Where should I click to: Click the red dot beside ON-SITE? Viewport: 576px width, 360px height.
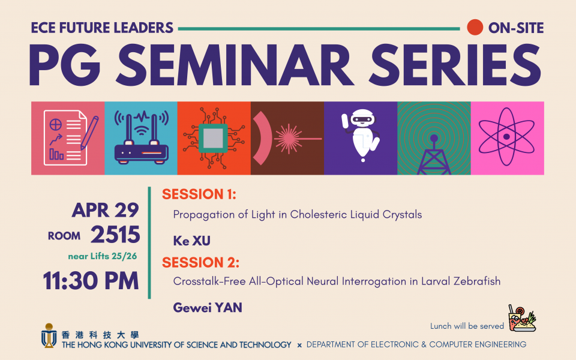475,27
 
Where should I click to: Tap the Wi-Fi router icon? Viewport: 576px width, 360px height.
142,137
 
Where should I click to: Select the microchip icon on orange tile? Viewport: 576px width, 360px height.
214,138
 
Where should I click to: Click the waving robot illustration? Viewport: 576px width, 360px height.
361,135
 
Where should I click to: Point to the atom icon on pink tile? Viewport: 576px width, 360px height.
506,137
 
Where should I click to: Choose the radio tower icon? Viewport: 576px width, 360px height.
434,154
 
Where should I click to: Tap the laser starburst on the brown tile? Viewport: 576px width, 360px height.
289,139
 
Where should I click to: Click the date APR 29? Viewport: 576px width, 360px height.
106,210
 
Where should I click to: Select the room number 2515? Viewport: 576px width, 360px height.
115,235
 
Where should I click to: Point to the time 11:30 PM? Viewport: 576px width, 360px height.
91,281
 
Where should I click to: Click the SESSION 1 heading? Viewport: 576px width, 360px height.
199,194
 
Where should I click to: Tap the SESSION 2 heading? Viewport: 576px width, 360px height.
200,262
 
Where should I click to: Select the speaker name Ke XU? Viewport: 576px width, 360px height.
192,241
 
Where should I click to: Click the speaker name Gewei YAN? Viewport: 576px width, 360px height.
208,307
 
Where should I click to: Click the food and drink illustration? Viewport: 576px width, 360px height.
522,318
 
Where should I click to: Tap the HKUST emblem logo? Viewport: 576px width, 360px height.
49,335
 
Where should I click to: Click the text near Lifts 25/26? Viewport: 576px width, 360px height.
103,256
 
